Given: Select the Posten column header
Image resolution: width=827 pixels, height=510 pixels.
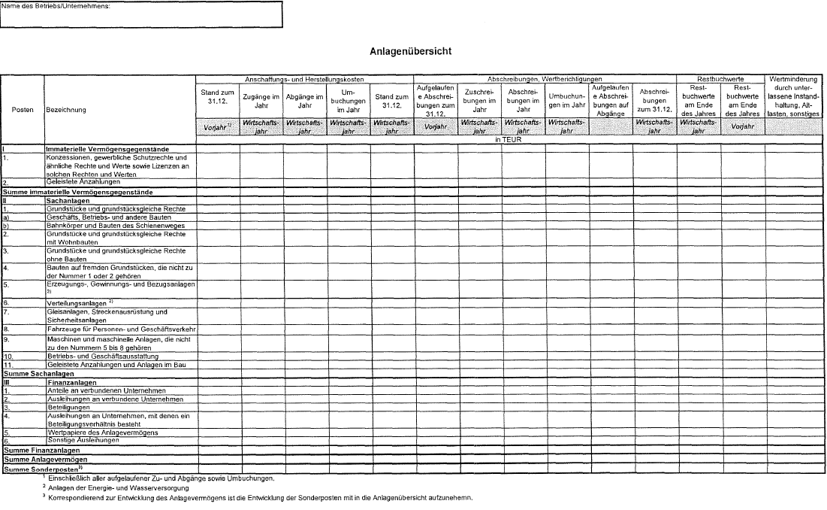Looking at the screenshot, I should (23, 109).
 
